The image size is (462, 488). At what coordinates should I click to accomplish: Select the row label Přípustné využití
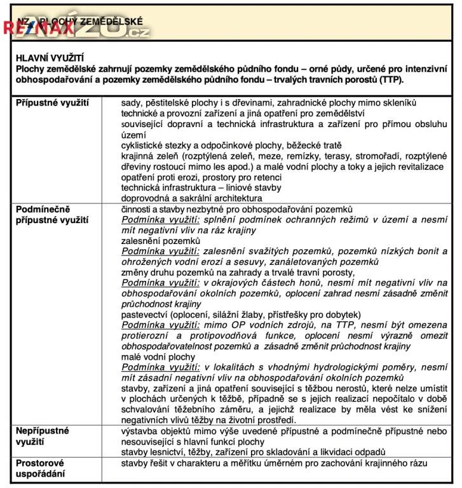pos(52,102)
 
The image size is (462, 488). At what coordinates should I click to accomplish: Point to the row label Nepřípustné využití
pos(43,436)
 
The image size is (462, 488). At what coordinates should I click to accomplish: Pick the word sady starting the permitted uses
pos(132,102)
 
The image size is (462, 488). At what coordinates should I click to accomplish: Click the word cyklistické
pos(144,145)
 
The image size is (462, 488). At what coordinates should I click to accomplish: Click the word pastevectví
pos(146,314)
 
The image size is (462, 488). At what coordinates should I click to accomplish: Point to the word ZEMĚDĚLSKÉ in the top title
pos(108,21)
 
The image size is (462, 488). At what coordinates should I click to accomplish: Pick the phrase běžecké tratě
pos(305,145)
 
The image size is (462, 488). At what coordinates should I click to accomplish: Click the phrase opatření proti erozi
pos(167,177)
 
